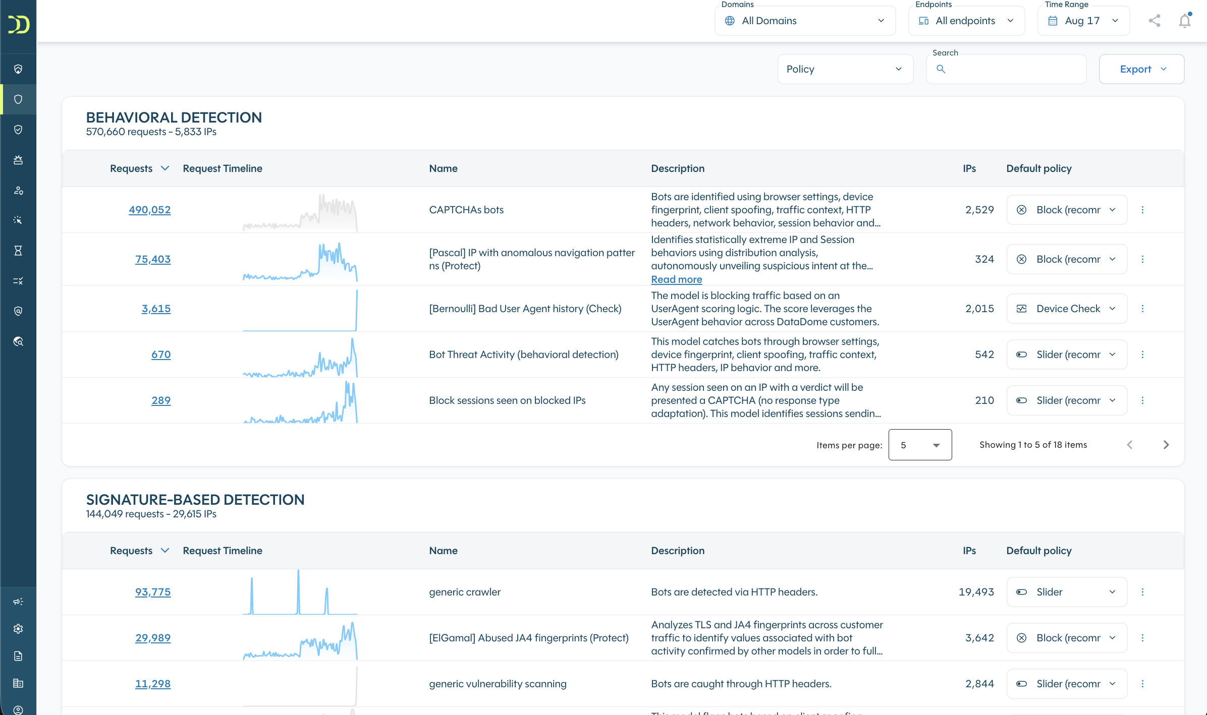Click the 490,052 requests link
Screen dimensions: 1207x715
(149, 210)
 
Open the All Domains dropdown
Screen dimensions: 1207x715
(805, 21)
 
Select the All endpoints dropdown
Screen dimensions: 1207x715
(966, 21)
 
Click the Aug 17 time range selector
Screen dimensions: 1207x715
(1083, 21)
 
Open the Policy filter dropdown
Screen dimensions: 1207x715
(845, 69)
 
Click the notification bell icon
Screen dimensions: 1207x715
(1185, 21)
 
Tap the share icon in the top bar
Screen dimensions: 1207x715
(1155, 21)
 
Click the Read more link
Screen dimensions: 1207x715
(676, 279)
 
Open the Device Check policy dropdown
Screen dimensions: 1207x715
(1067, 309)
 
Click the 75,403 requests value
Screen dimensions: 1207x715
(153, 259)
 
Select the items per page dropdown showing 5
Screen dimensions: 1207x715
(920, 445)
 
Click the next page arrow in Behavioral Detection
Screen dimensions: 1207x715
(1166, 445)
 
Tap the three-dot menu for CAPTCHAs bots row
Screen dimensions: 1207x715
(1143, 210)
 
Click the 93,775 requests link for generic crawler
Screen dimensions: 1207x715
(153, 592)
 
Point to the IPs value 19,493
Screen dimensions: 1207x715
(976, 592)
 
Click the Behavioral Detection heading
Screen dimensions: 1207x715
(174, 117)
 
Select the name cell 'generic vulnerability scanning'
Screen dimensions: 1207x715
(498, 684)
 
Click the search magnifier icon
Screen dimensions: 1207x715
(941, 69)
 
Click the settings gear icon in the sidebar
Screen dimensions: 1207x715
(18, 629)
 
